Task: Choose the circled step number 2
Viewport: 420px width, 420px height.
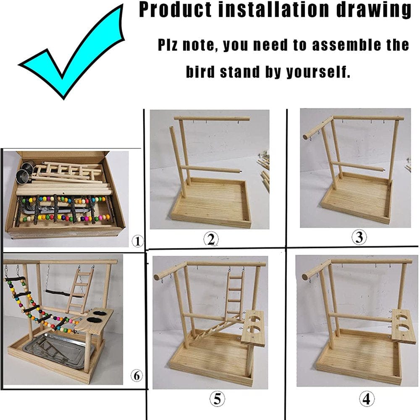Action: point(211,239)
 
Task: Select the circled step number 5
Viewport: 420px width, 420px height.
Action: point(217,398)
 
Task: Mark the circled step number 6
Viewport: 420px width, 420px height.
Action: point(136,376)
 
